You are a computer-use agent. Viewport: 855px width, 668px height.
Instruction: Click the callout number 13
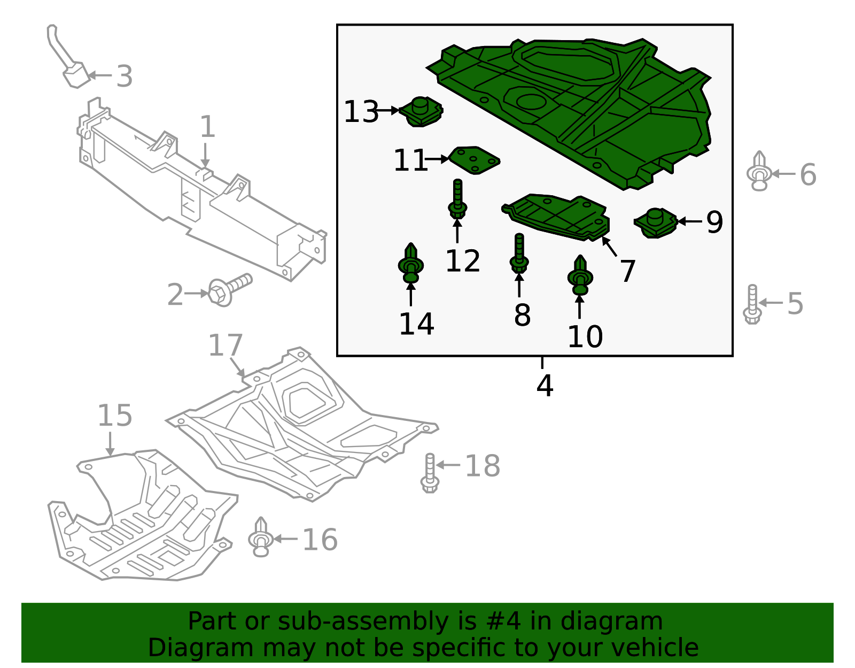361,112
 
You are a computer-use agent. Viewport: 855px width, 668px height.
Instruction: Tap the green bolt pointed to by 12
457,201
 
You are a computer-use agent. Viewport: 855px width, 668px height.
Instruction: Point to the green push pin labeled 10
580,276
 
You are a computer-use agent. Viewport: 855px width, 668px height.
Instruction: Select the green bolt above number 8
519,255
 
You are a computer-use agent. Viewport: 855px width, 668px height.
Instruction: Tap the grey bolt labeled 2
229,289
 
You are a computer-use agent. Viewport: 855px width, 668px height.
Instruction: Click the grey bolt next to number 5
752,304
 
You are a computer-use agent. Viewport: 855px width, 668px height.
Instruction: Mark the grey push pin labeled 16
261,538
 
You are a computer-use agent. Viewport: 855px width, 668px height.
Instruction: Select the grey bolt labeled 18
430,473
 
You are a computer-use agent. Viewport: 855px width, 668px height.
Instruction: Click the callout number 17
225,345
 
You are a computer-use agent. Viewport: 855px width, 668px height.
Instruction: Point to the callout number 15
114,416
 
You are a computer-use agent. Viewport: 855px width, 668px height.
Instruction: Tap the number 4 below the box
545,386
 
